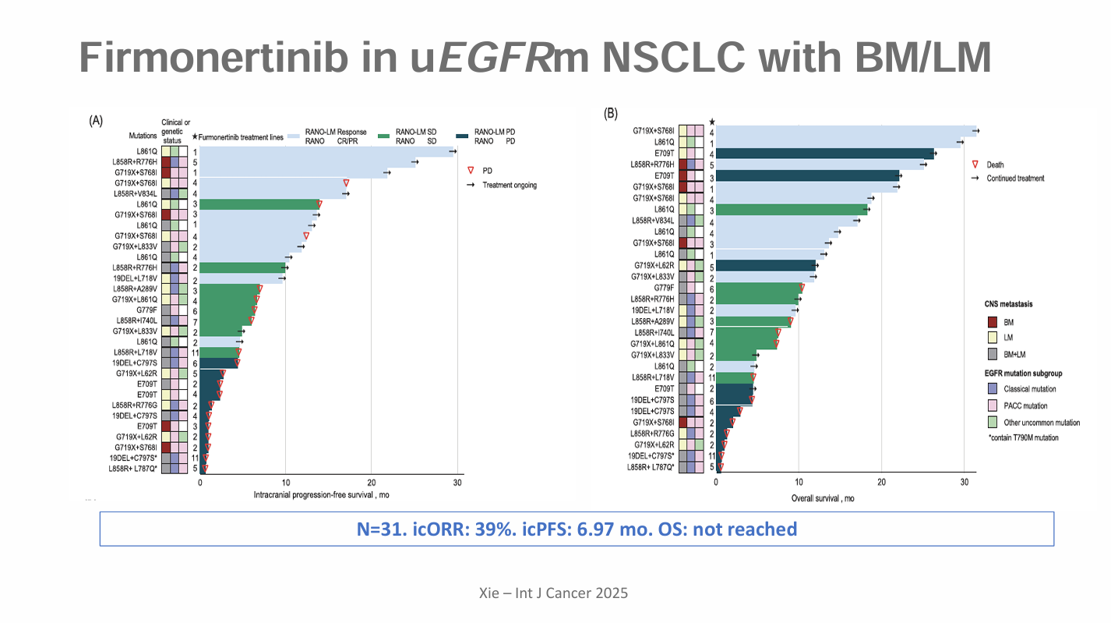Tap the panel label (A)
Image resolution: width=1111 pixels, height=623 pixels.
[x=97, y=121]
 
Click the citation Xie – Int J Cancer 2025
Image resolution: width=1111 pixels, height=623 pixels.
[x=553, y=593]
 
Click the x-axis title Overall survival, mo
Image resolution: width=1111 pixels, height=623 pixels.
[x=823, y=498]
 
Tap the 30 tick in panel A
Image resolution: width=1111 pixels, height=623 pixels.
[x=457, y=483]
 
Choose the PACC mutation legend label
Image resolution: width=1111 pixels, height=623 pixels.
[x=1025, y=405]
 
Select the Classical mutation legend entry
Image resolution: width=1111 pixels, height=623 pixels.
[x=1031, y=388]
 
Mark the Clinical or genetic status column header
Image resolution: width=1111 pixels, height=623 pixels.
[x=175, y=131]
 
